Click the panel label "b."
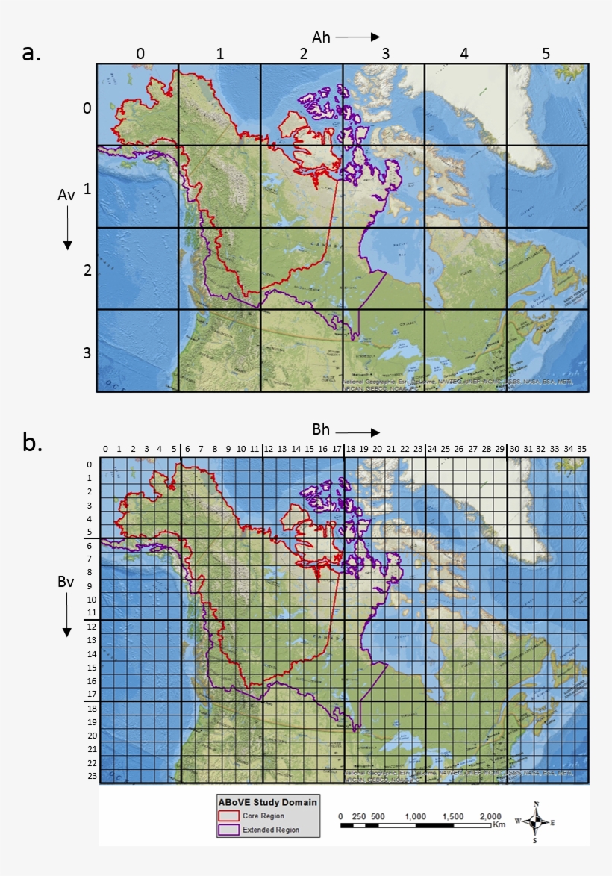click(31, 443)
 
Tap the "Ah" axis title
click(322, 36)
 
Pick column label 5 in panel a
click(546, 54)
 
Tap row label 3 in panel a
click(87, 352)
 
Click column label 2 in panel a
click(303, 54)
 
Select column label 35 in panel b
click(581, 449)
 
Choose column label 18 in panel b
click(350, 449)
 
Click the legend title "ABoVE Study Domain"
click(267, 802)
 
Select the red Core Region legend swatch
click(228, 816)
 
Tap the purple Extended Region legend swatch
click(228, 829)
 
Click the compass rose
click(536, 821)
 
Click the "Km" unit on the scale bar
click(499, 825)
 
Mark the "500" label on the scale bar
click(378, 816)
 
